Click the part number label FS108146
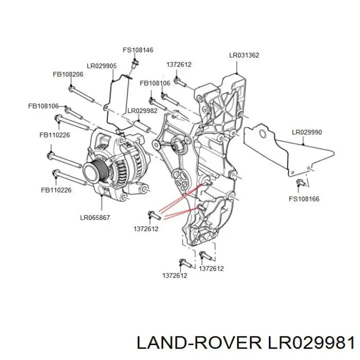138,50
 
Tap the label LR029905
101,66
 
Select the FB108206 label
68,74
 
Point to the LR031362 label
244,55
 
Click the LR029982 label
142,111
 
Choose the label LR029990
306,132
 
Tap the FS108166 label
304,199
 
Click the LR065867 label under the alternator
95,217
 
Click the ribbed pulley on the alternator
94,170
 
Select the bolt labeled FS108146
135,63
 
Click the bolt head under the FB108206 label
71,88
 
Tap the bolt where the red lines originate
154,215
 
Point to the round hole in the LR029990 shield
262,134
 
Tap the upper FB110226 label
54,135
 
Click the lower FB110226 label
56,190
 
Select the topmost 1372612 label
179,64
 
